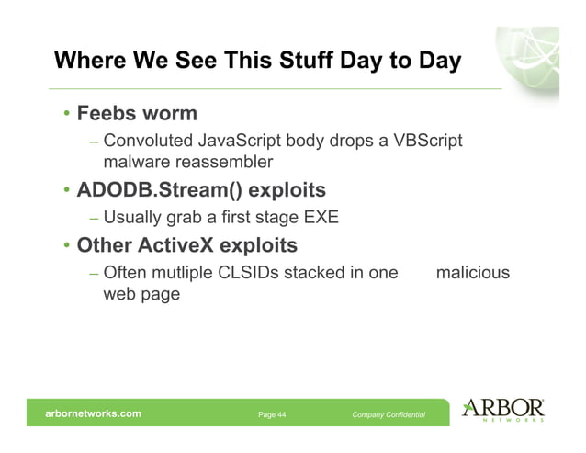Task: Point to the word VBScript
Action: (427, 142)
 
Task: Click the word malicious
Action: (472, 274)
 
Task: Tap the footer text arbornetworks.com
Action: (94, 413)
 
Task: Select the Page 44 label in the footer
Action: (272, 415)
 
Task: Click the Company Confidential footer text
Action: (389, 415)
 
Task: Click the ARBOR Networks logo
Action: (504, 411)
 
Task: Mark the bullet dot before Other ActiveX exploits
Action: (66, 247)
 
